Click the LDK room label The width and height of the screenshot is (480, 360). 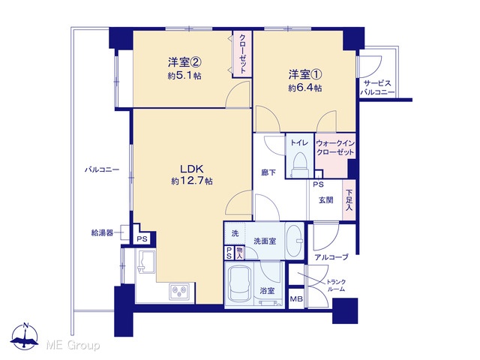[192, 169]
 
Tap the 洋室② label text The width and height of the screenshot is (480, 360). [184, 62]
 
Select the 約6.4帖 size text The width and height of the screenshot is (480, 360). [305, 88]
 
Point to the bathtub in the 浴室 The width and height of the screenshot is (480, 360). [240, 283]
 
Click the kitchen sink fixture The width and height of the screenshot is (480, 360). [146, 262]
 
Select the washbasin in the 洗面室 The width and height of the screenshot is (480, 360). [295, 241]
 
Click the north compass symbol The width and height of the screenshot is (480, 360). [25, 337]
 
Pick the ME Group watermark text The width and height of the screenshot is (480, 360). [73, 345]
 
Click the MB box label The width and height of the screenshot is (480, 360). [296, 298]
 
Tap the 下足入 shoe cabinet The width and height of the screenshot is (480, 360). [349, 200]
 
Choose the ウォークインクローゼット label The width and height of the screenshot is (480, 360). [335, 148]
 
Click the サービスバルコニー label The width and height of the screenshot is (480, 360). [377, 88]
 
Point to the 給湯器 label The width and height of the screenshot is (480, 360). [102, 233]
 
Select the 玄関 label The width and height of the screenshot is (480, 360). [326, 200]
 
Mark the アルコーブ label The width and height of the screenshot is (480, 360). [331, 257]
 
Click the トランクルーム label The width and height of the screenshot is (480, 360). [336, 285]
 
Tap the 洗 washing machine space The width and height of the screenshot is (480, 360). [235, 233]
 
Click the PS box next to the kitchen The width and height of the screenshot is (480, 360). [142, 238]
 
